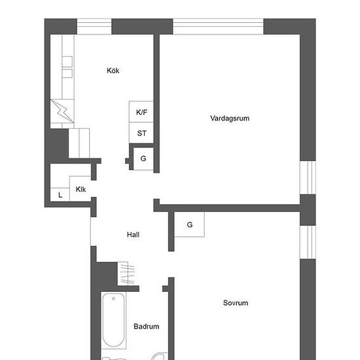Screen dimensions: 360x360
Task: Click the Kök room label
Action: pos(113,71)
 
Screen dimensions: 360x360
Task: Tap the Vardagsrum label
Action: pos(230,118)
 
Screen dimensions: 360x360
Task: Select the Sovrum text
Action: pos(236,303)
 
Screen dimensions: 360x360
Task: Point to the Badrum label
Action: pos(147,326)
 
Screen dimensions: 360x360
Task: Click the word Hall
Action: pos(133,234)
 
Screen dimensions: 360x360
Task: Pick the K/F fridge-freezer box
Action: pos(141,111)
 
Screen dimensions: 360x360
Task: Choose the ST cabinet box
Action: pos(141,133)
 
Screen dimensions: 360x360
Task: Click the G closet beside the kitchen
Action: pos(143,158)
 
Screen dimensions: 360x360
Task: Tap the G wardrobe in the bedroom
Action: pos(189,225)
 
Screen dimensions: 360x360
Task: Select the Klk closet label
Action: pos(81,189)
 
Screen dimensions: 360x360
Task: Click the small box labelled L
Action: pos(60,194)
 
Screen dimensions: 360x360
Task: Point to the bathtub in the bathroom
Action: pos(114,320)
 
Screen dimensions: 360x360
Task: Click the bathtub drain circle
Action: pos(113,298)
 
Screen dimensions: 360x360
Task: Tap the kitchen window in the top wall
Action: pos(94,27)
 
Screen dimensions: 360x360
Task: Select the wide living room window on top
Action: pos(218,27)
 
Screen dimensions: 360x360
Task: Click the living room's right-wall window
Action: pos(308,177)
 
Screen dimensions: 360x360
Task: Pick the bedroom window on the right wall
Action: pos(308,242)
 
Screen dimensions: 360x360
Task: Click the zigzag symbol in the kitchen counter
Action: pos(62,111)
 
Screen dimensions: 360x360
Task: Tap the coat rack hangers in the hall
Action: pos(127,274)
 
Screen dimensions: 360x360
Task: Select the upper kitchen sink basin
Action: pos(67,62)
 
